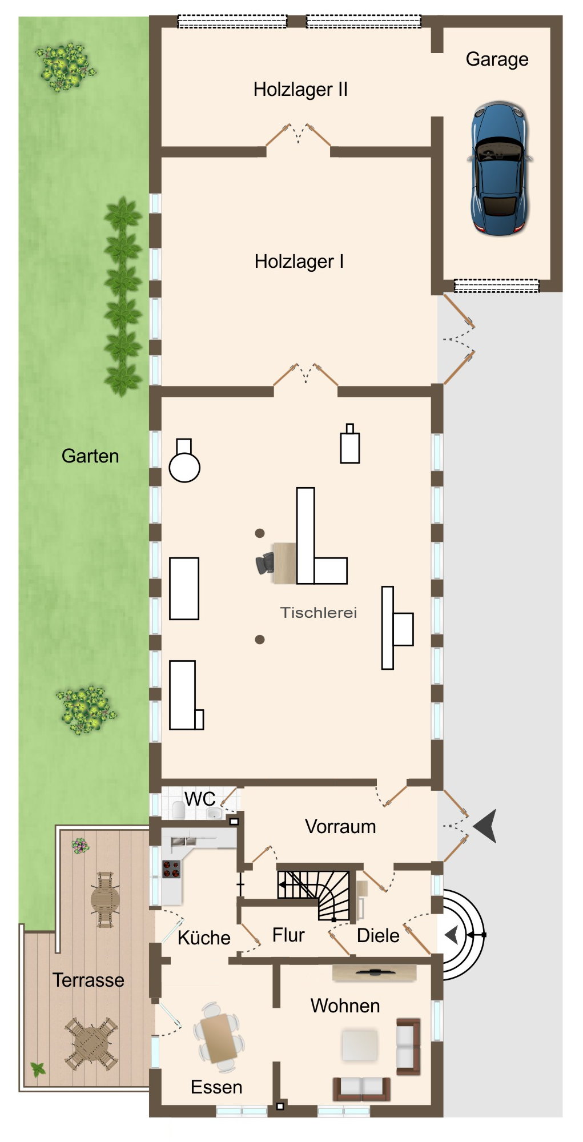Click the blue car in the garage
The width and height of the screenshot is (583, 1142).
[499, 168]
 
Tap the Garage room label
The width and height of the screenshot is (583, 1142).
[497, 59]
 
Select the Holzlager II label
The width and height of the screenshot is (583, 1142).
[300, 90]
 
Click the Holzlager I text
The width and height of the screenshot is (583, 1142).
[299, 262]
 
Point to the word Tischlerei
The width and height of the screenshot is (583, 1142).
[319, 613]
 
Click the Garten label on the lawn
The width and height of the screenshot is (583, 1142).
[90, 456]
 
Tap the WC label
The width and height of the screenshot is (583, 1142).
[200, 799]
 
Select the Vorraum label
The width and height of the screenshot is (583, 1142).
[340, 827]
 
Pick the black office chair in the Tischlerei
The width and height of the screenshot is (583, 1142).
[264, 564]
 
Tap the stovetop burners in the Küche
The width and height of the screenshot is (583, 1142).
[171, 868]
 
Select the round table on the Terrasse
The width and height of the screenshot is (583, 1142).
[105, 899]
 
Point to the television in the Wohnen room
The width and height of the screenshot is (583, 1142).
[374, 971]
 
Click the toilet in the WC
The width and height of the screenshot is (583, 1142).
[179, 809]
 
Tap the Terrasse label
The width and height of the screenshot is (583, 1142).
[89, 980]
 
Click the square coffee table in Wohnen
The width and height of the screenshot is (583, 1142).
[360, 1044]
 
